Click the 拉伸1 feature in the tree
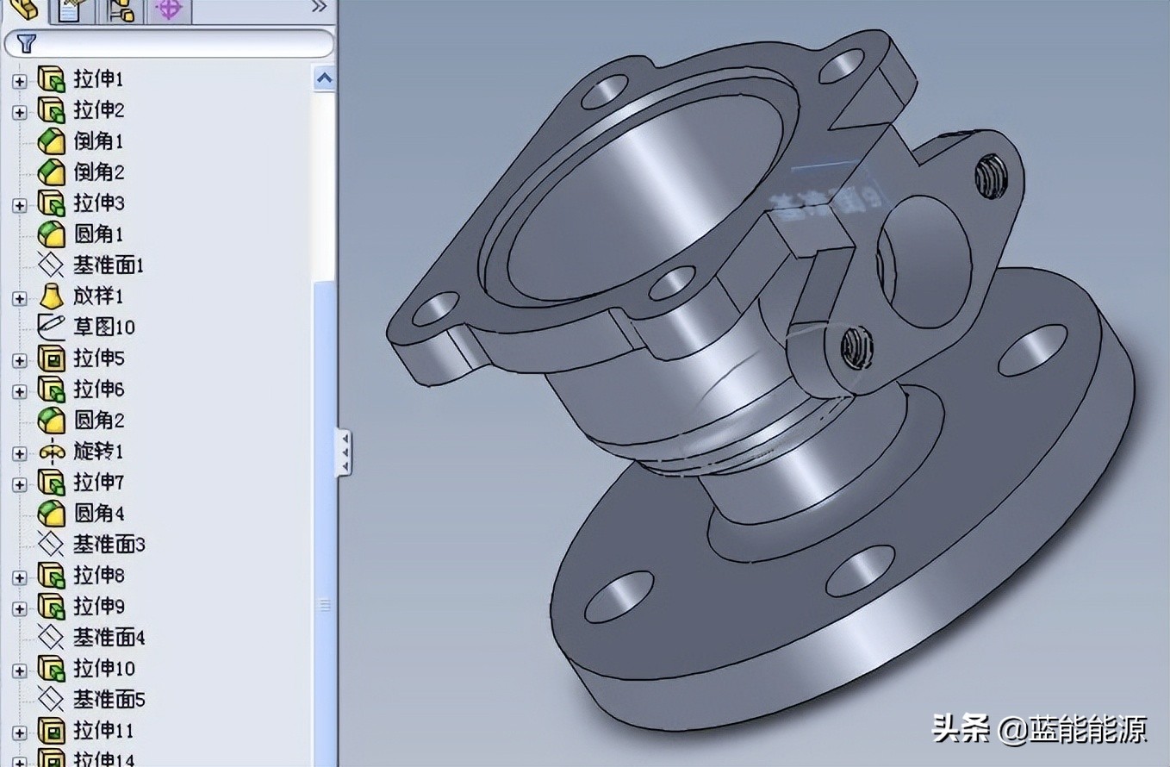point(98,79)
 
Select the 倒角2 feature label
point(98,172)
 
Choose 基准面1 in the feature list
point(108,265)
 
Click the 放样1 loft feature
point(98,296)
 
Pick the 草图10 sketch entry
point(103,327)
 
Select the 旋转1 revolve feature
point(98,452)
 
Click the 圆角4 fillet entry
point(98,514)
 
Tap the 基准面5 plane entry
point(109,700)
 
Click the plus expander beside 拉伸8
point(20,577)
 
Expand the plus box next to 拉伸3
point(20,205)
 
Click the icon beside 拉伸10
point(52,669)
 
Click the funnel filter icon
point(26,43)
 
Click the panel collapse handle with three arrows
point(344,451)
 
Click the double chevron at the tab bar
point(319,7)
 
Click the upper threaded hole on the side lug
point(991,177)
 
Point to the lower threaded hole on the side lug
point(856,348)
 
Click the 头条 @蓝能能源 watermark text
point(1039,730)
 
